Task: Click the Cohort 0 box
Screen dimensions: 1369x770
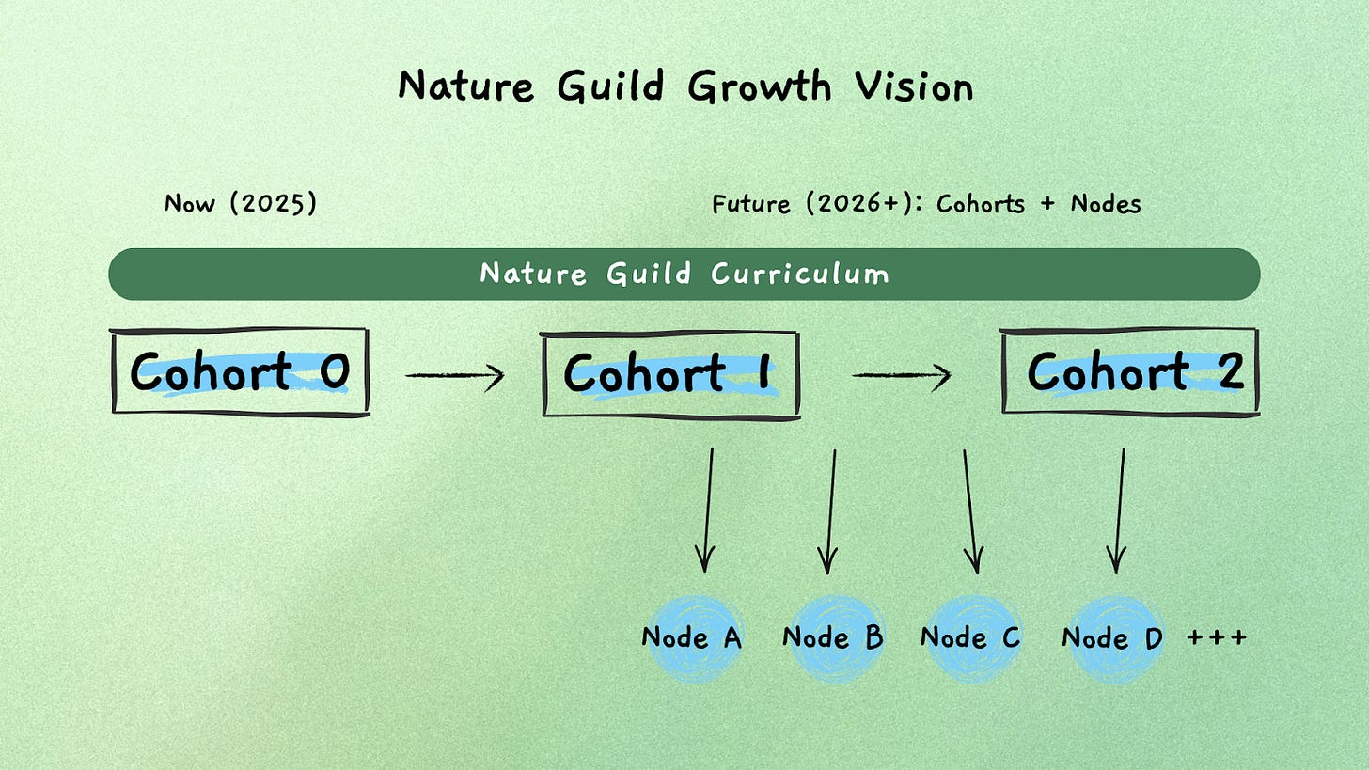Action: [240, 371]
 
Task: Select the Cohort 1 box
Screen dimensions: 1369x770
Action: [670, 373]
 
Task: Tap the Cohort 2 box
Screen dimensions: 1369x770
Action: [1129, 371]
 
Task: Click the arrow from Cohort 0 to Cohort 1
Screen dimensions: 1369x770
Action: [455, 376]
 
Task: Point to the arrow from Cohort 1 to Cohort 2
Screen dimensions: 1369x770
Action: [902, 376]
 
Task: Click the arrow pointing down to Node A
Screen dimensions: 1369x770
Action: [707, 509]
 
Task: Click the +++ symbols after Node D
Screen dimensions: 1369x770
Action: [1217, 637]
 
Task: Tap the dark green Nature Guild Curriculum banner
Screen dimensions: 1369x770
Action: [684, 275]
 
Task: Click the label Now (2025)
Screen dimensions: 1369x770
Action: [240, 203]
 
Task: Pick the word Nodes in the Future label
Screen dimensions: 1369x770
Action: [1106, 204]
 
